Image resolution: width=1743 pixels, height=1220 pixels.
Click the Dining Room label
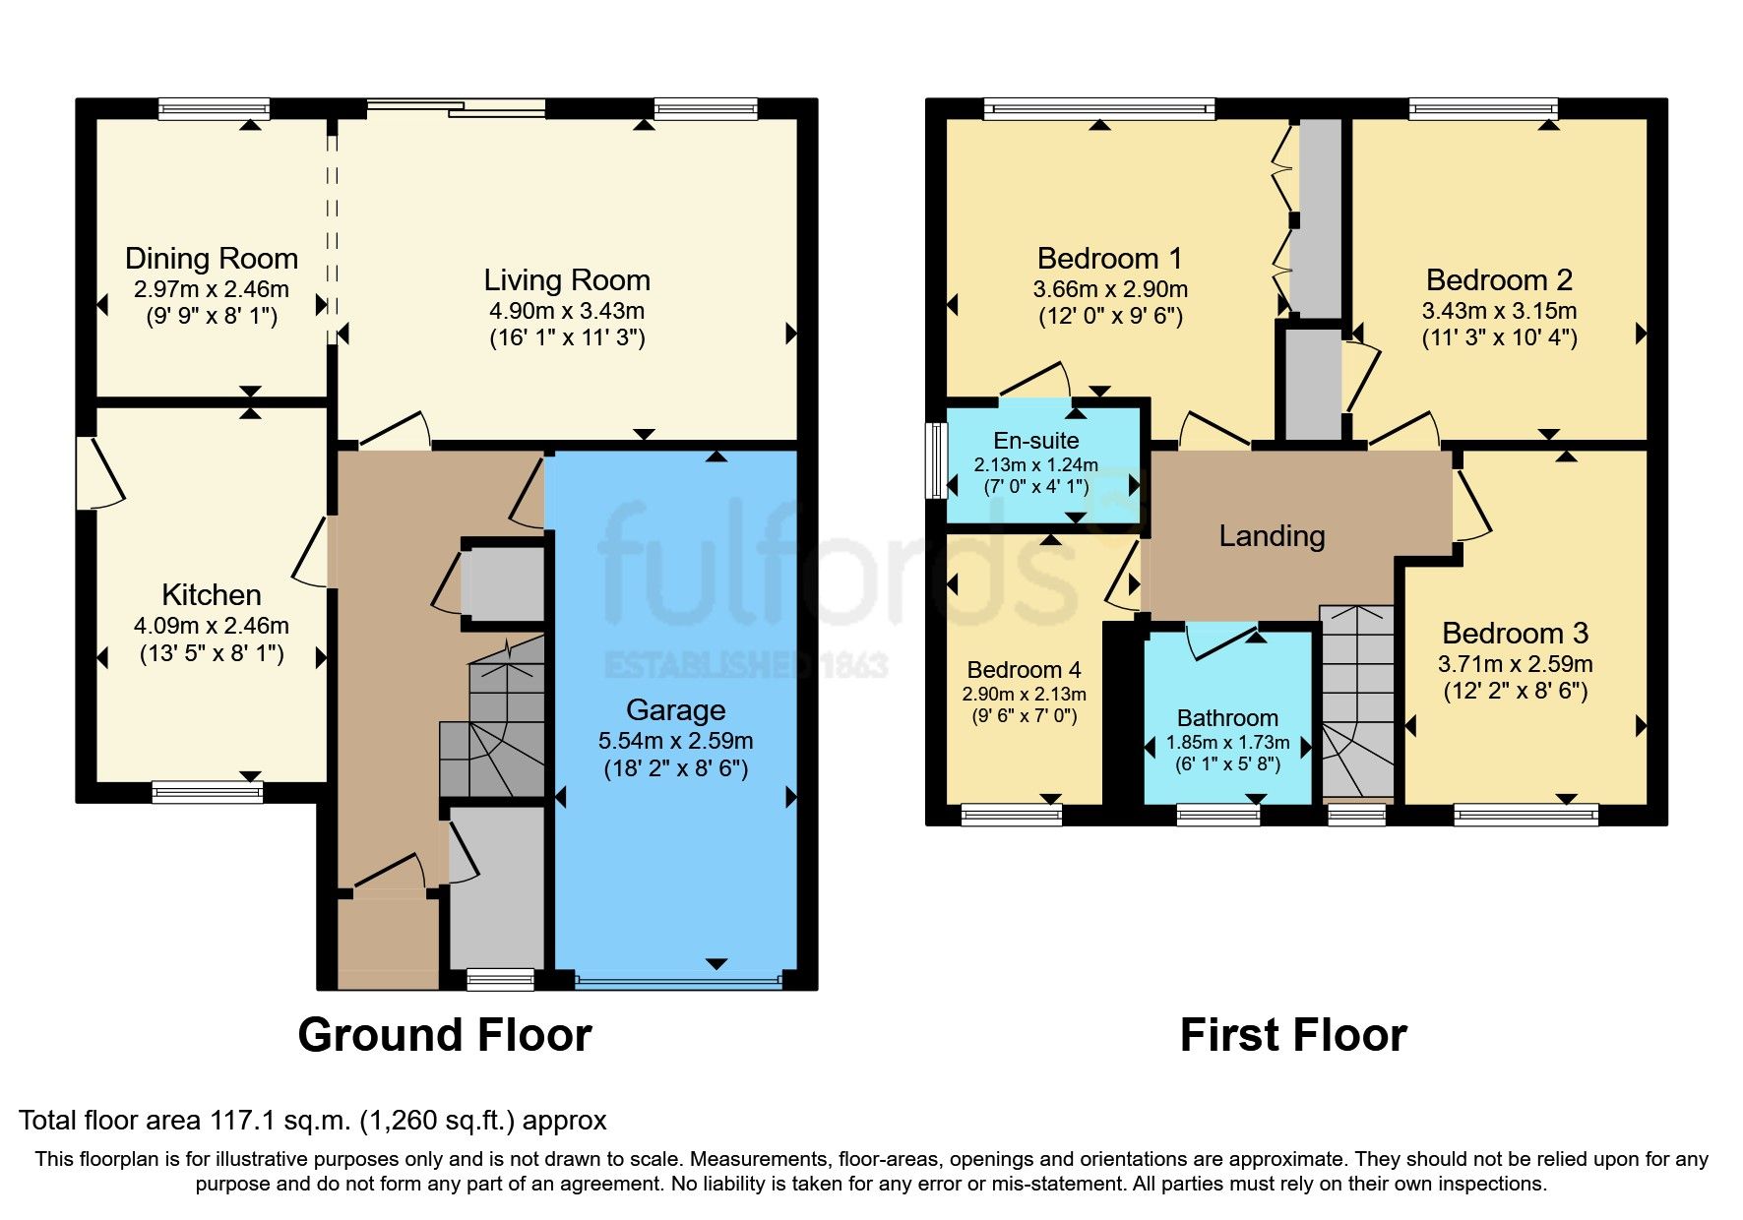click(211, 259)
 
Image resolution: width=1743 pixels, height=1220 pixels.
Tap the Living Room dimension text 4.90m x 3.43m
click(567, 311)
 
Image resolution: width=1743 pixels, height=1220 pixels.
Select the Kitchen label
click(211, 595)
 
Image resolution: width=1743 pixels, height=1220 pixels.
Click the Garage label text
click(675, 710)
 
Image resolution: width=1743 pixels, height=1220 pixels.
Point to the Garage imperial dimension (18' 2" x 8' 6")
click(675, 768)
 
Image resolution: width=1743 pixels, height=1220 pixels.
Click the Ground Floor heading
click(444, 1035)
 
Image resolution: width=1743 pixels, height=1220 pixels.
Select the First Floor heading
click(1292, 1035)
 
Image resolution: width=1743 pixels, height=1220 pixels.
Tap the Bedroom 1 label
click(1109, 259)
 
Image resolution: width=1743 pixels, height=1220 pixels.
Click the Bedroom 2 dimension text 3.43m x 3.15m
click(1499, 311)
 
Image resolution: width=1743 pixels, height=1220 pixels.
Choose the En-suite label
click(1035, 441)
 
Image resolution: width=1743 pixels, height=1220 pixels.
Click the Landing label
click(1272, 536)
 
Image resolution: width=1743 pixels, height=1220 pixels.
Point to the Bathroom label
click(1227, 718)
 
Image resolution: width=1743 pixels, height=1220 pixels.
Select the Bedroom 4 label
click(1024, 670)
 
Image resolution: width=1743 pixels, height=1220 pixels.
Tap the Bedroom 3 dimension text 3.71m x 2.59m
click(1515, 664)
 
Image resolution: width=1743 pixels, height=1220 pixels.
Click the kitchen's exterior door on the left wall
click(98, 472)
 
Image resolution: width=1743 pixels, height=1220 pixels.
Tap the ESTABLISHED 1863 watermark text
click(745, 666)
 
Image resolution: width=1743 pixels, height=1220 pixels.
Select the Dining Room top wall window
click(214, 108)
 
